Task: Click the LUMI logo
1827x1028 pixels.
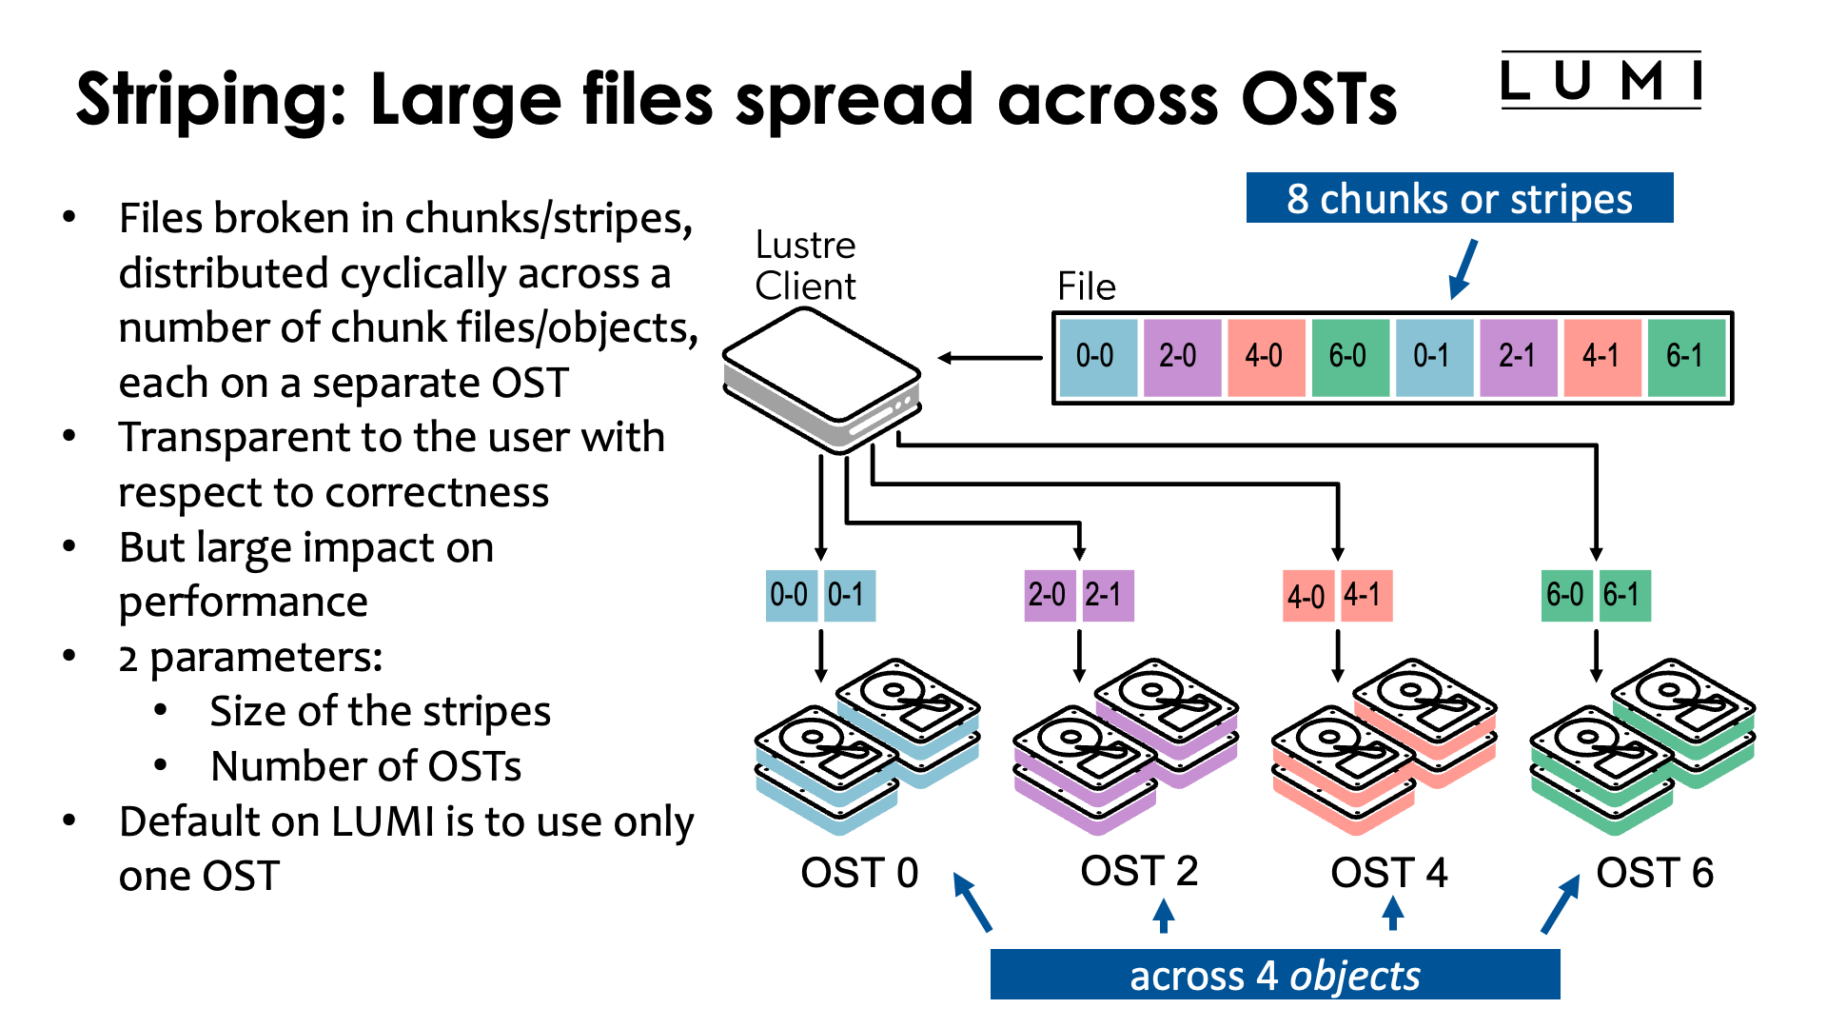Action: [1601, 81]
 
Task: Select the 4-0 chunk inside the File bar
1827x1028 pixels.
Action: [1265, 357]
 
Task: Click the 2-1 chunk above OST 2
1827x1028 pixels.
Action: [1107, 596]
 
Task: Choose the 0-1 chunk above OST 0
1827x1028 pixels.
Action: [849, 596]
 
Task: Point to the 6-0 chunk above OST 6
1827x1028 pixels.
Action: [1565, 596]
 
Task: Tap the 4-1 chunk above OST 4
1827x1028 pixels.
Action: [1365, 596]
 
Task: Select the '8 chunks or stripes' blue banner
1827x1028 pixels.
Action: [1459, 199]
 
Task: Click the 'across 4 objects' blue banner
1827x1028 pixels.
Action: [1274, 976]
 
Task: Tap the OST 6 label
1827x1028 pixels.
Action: [1655, 873]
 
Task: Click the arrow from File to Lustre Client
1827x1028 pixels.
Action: [990, 358]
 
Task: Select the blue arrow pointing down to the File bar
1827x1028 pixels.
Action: [1464, 268]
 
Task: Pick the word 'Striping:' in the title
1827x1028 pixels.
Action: [212, 99]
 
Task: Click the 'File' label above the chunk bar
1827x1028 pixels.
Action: [1086, 287]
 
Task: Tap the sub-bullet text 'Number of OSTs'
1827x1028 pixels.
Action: [365, 766]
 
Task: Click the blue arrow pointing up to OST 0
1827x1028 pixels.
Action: [972, 901]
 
